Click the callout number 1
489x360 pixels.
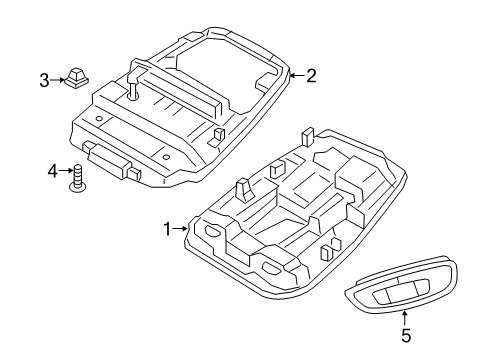click(x=168, y=229)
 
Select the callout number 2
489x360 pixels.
click(x=311, y=76)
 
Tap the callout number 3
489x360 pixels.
click(x=44, y=80)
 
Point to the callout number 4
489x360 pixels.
click(x=52, y=172)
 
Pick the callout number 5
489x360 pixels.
click(x=406, y=335)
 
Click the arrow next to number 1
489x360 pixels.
click(x=181, y=229)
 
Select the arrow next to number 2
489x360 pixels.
click(x=297, y=76)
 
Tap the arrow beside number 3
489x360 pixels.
click(x=57, y=80)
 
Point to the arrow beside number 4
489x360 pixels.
click(x=66, y=171)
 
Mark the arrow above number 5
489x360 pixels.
click(x=405, y=318)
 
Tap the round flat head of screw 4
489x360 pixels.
click(x=77, y=189)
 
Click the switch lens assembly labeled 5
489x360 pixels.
click(x=400, y=284)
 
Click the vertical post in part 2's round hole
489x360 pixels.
click(x=133, y=90)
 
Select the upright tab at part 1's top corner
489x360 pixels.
click(x=307, y=136)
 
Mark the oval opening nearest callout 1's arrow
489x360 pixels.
click(x=211, y=230)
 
